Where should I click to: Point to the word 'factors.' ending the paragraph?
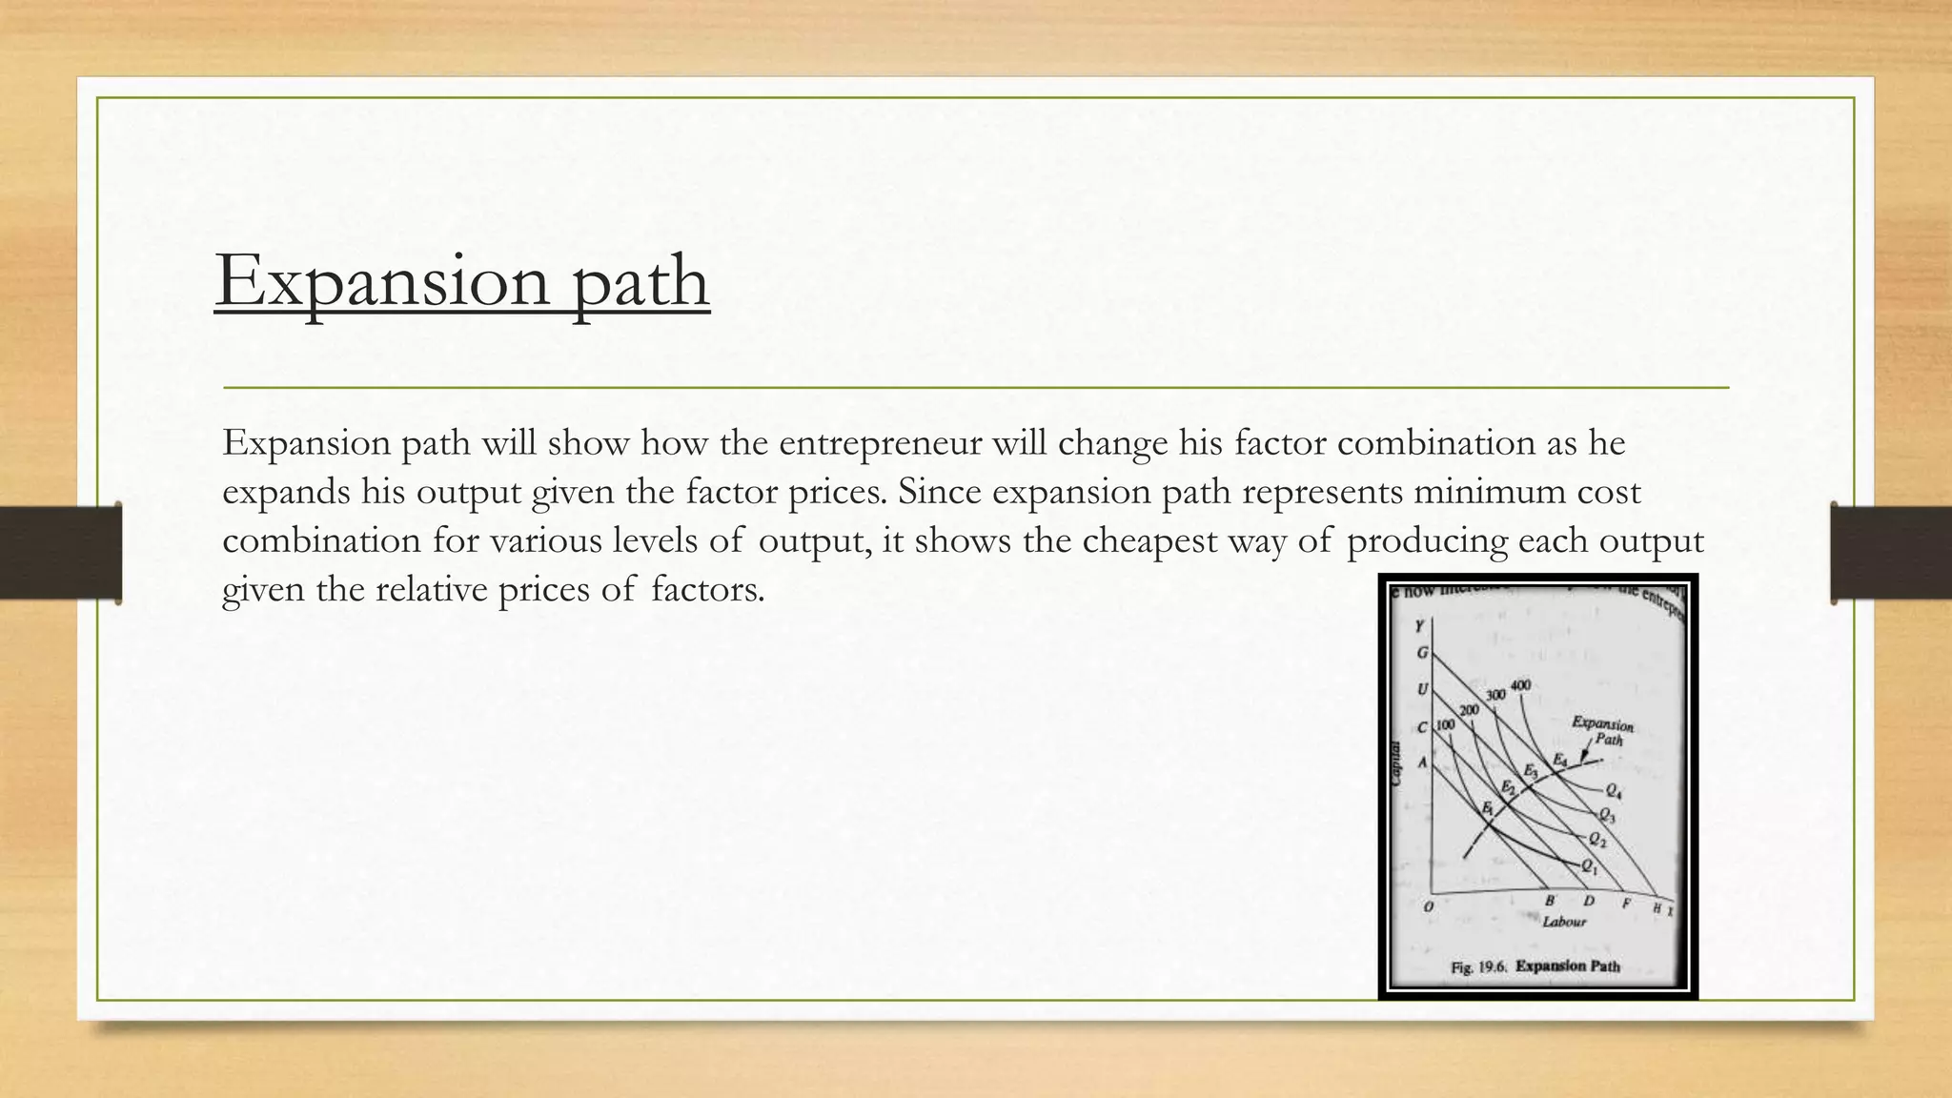pyautogui.click(x=708, y=590)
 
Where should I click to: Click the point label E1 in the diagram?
pyautogui.click(x=1488, y=808)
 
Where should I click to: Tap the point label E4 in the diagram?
pyautogui.click(x=1560, y=760)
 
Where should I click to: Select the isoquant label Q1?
pyautogui.click(x=1589, y=866)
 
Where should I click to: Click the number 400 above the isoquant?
pyautogui.click(x=1520, y=685)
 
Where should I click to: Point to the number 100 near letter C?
pyautogui.click(x=1445, y=725)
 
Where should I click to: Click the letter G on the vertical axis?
pyautogui.click(x=1423, y=654)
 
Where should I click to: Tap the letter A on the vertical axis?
pyautogui.click(x=1423, y=762)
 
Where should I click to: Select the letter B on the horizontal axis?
pyautogui.click(x=1550, y=901)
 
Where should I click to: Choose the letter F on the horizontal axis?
pyautogui.click(x=1626, y=903)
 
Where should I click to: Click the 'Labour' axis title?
pyautogui.click(x=1564, y=922)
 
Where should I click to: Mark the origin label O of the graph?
pyautogui.click(x=1428, y=906)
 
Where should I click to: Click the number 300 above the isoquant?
pyautogui.click(x=1495, y=695)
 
